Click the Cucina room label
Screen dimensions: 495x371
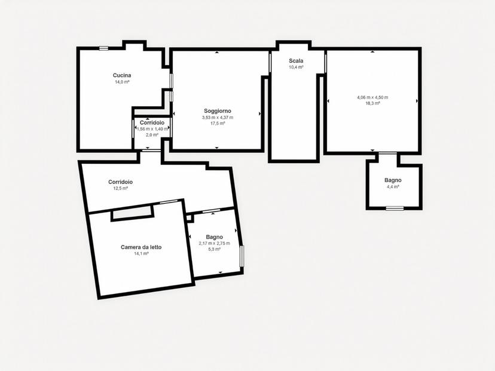[122, 75]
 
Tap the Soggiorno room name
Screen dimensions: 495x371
[218, 111]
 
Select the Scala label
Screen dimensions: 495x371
[296, 61]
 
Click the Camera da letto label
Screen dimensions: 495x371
[141, 247]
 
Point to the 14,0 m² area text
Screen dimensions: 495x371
[122, 82]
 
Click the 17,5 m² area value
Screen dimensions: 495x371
[218, 123]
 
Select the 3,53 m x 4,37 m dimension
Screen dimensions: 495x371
[218, 118]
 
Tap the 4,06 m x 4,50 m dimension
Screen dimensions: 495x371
[372, 97]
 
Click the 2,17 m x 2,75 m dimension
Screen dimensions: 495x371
[215, 244]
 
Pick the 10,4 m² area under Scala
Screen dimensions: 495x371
[296, 67]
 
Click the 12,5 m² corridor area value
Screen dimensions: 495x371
[121, 188]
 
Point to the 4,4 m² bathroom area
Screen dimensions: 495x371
[393, 187]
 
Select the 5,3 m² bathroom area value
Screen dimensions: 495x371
[215, 249]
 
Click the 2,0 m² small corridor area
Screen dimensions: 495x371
[152, 134]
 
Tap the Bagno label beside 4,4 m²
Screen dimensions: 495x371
[393, 180]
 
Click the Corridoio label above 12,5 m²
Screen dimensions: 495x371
[120, 182]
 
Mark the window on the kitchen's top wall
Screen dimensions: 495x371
[103, 48]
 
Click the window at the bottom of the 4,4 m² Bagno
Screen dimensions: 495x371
[395, 209]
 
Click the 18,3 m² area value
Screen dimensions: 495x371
[372, 103]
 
